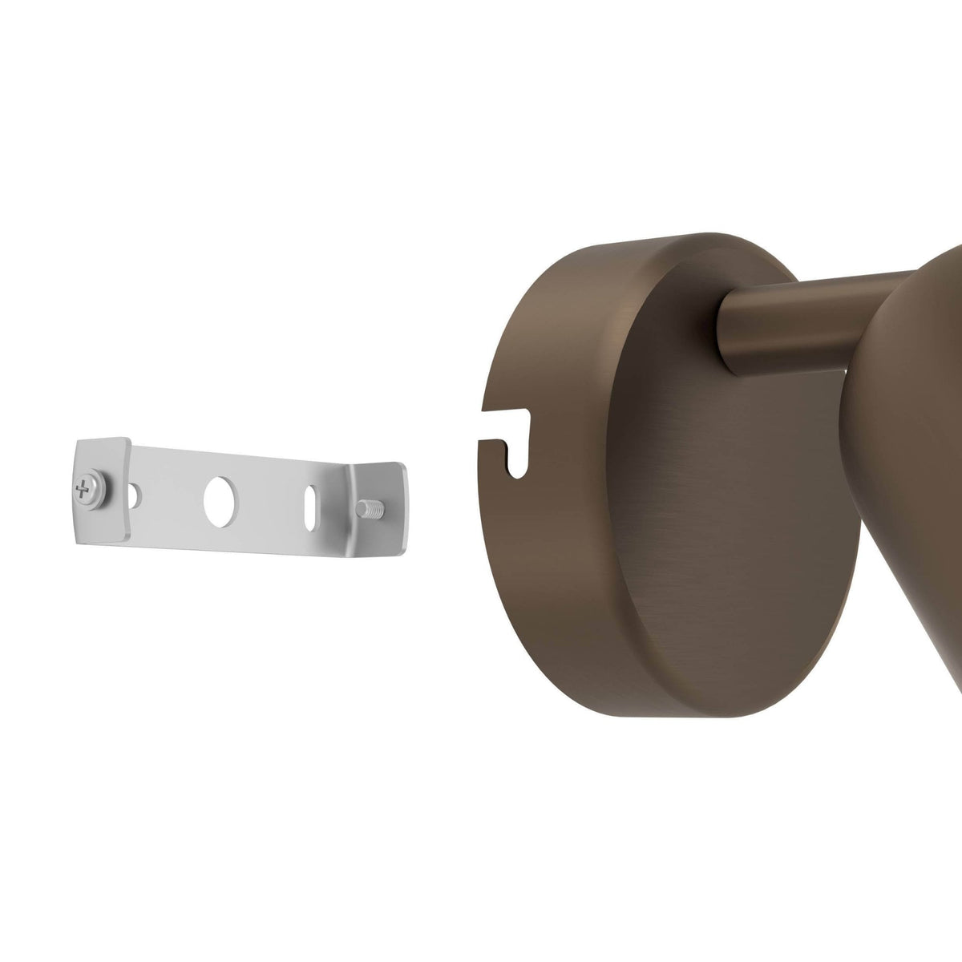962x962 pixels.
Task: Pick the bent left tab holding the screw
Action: point(103,489)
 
